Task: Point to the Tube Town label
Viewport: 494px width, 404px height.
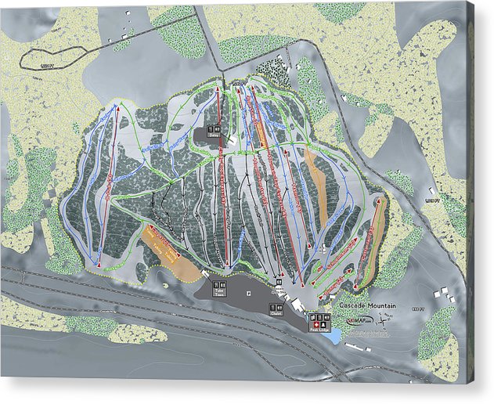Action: point(219,294)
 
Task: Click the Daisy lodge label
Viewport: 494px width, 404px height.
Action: point(215,135)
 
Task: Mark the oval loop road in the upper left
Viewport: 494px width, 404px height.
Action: point(55,56)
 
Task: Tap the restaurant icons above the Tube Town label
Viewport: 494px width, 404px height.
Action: point(218,285)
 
